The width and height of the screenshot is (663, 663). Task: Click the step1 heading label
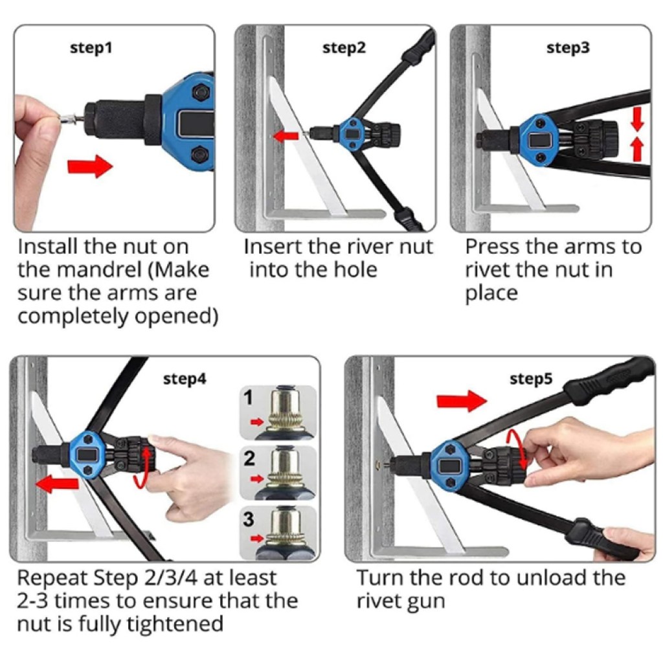click(x=91, y=48)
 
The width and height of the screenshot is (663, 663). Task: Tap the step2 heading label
click(x=344, y=48)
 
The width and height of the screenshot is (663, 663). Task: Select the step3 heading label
click(x=568, y=48)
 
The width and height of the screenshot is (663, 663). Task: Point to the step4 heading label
click(x=185, y=379)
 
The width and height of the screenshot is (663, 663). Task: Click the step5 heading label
click(x=531, y=379)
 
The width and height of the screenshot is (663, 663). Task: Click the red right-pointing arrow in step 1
click(x=90, y=166)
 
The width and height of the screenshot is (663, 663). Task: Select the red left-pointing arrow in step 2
click(x=286, y=136)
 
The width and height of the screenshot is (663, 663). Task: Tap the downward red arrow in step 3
click(x=638, y=118)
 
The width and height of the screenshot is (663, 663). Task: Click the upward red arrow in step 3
click(x=637, y=150)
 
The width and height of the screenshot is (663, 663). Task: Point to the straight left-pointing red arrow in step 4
click(x=58, y=483)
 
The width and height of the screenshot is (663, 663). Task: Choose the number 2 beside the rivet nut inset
click(x=249, y=458)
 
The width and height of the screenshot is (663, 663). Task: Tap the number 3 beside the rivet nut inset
click(x=249, y=519)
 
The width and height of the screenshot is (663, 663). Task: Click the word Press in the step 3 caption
click(x=490, y=247)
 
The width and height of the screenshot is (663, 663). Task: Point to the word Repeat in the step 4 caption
click(x=52, y=578)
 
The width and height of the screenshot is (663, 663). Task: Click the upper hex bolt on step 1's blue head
click(x=200, y=92)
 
